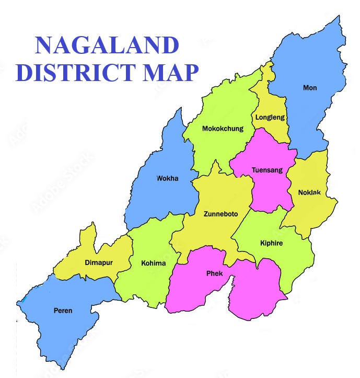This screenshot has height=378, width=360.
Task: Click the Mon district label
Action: point(310,88)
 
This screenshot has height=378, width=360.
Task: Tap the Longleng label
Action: point(270,117)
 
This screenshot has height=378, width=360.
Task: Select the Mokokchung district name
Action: point(223,129)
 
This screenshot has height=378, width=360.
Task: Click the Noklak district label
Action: point(309,192)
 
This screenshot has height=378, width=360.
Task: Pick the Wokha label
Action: point(167,178)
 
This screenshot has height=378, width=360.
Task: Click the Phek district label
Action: point(214,273)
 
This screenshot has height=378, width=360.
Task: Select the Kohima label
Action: point(153,263)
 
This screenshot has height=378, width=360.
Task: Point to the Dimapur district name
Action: point(98,262)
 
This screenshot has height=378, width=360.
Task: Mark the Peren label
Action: point(63,311)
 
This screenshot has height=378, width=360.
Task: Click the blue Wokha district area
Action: point(162,199)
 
